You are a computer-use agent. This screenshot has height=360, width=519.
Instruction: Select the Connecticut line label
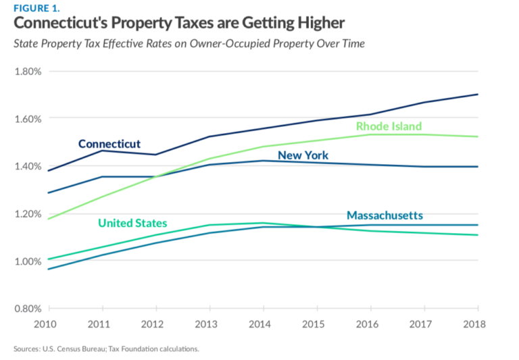(109, 144)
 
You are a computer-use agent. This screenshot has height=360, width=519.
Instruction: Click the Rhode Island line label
(389, 126)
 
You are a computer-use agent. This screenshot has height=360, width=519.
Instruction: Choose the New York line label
(303, 155)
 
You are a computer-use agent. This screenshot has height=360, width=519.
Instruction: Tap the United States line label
(132, 223)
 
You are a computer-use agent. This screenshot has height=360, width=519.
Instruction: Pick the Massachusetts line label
(385, 215)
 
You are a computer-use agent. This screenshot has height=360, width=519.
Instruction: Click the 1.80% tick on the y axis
(28, 71)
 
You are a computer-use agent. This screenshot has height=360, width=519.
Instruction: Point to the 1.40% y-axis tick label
(28, 166)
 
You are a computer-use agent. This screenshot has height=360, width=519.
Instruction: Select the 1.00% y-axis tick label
(28, 261)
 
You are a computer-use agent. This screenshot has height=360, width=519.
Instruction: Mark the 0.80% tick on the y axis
(28, 309)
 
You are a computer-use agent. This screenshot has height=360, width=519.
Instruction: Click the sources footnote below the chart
(106, 349)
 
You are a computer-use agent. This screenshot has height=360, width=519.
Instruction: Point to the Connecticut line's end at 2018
(478, 95)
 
